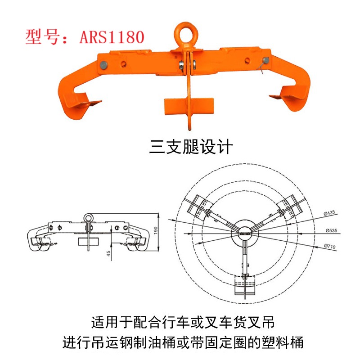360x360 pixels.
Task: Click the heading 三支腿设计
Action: click(191, 147)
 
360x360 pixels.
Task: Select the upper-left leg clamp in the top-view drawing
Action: click(200, 207)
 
